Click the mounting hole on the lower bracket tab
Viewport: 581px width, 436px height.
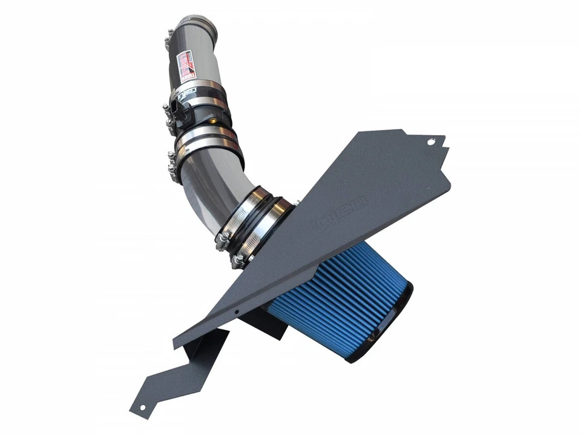142,407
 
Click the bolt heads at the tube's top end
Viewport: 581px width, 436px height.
168,41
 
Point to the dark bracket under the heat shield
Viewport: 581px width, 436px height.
266,324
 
